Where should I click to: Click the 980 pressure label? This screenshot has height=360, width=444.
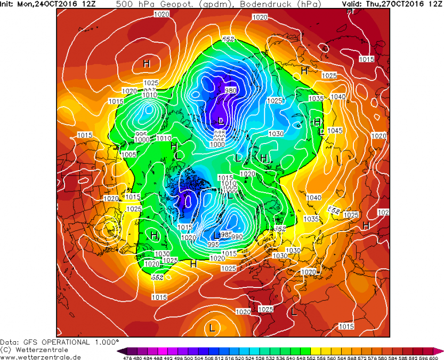coord(231,90)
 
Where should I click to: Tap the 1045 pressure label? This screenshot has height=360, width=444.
coord(334,131)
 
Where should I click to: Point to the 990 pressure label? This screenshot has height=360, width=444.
coord(237,236)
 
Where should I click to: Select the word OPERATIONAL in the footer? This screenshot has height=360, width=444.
coord(68,342)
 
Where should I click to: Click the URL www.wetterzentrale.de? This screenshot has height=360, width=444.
coord(41,357)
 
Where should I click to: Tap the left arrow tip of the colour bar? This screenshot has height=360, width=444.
coord(119,350)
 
